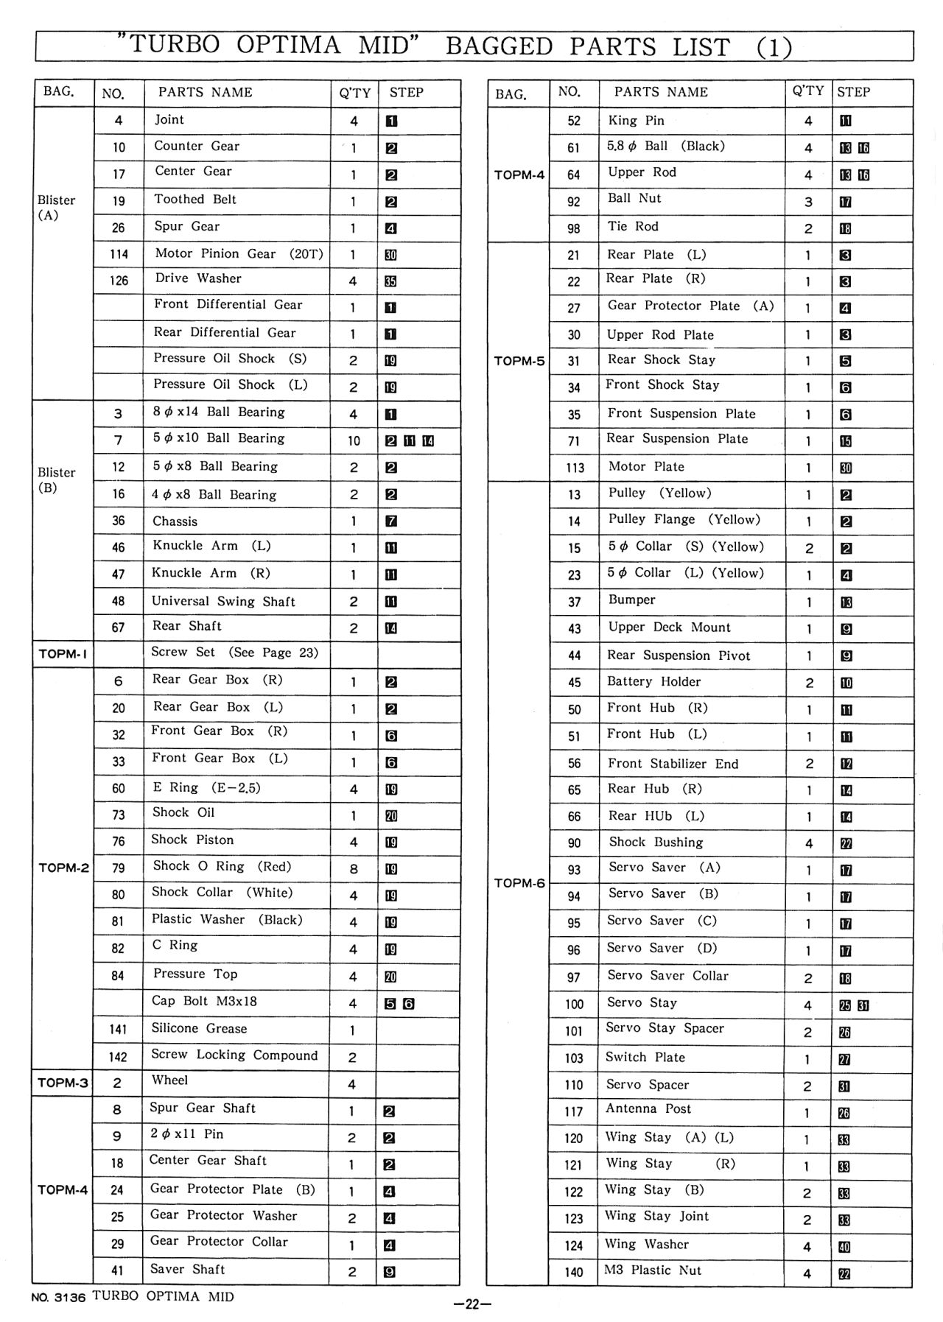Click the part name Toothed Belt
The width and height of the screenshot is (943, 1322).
tap(195, 200)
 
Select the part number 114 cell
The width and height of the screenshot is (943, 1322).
tap(119, 254)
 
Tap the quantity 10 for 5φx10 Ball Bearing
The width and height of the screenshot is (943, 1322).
tap(354, 440)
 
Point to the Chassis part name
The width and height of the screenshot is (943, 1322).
tap(175, 521)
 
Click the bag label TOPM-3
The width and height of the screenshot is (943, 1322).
tap(63, 1083)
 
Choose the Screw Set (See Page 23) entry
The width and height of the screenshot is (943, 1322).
tap(234, 653)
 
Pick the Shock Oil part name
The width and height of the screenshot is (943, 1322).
tap(183, 812)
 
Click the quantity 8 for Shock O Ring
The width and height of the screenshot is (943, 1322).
tap(354, 869)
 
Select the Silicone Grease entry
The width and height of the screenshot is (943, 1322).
tap(199, 1028)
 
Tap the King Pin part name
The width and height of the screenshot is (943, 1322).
tap(636, 121)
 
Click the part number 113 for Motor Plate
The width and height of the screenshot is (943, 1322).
tap(575, 468)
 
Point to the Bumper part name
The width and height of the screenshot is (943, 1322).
tap(631, 600)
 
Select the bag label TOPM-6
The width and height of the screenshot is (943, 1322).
tap(519, 883)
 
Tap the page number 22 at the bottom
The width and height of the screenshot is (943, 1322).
tap(472, 1305)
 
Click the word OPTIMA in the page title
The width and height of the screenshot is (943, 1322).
tap(289, 46)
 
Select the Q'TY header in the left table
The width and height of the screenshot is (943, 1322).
tap(354, 93)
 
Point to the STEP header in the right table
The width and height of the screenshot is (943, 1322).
tap(853, 92)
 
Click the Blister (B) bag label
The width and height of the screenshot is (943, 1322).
tap(56, 479)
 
